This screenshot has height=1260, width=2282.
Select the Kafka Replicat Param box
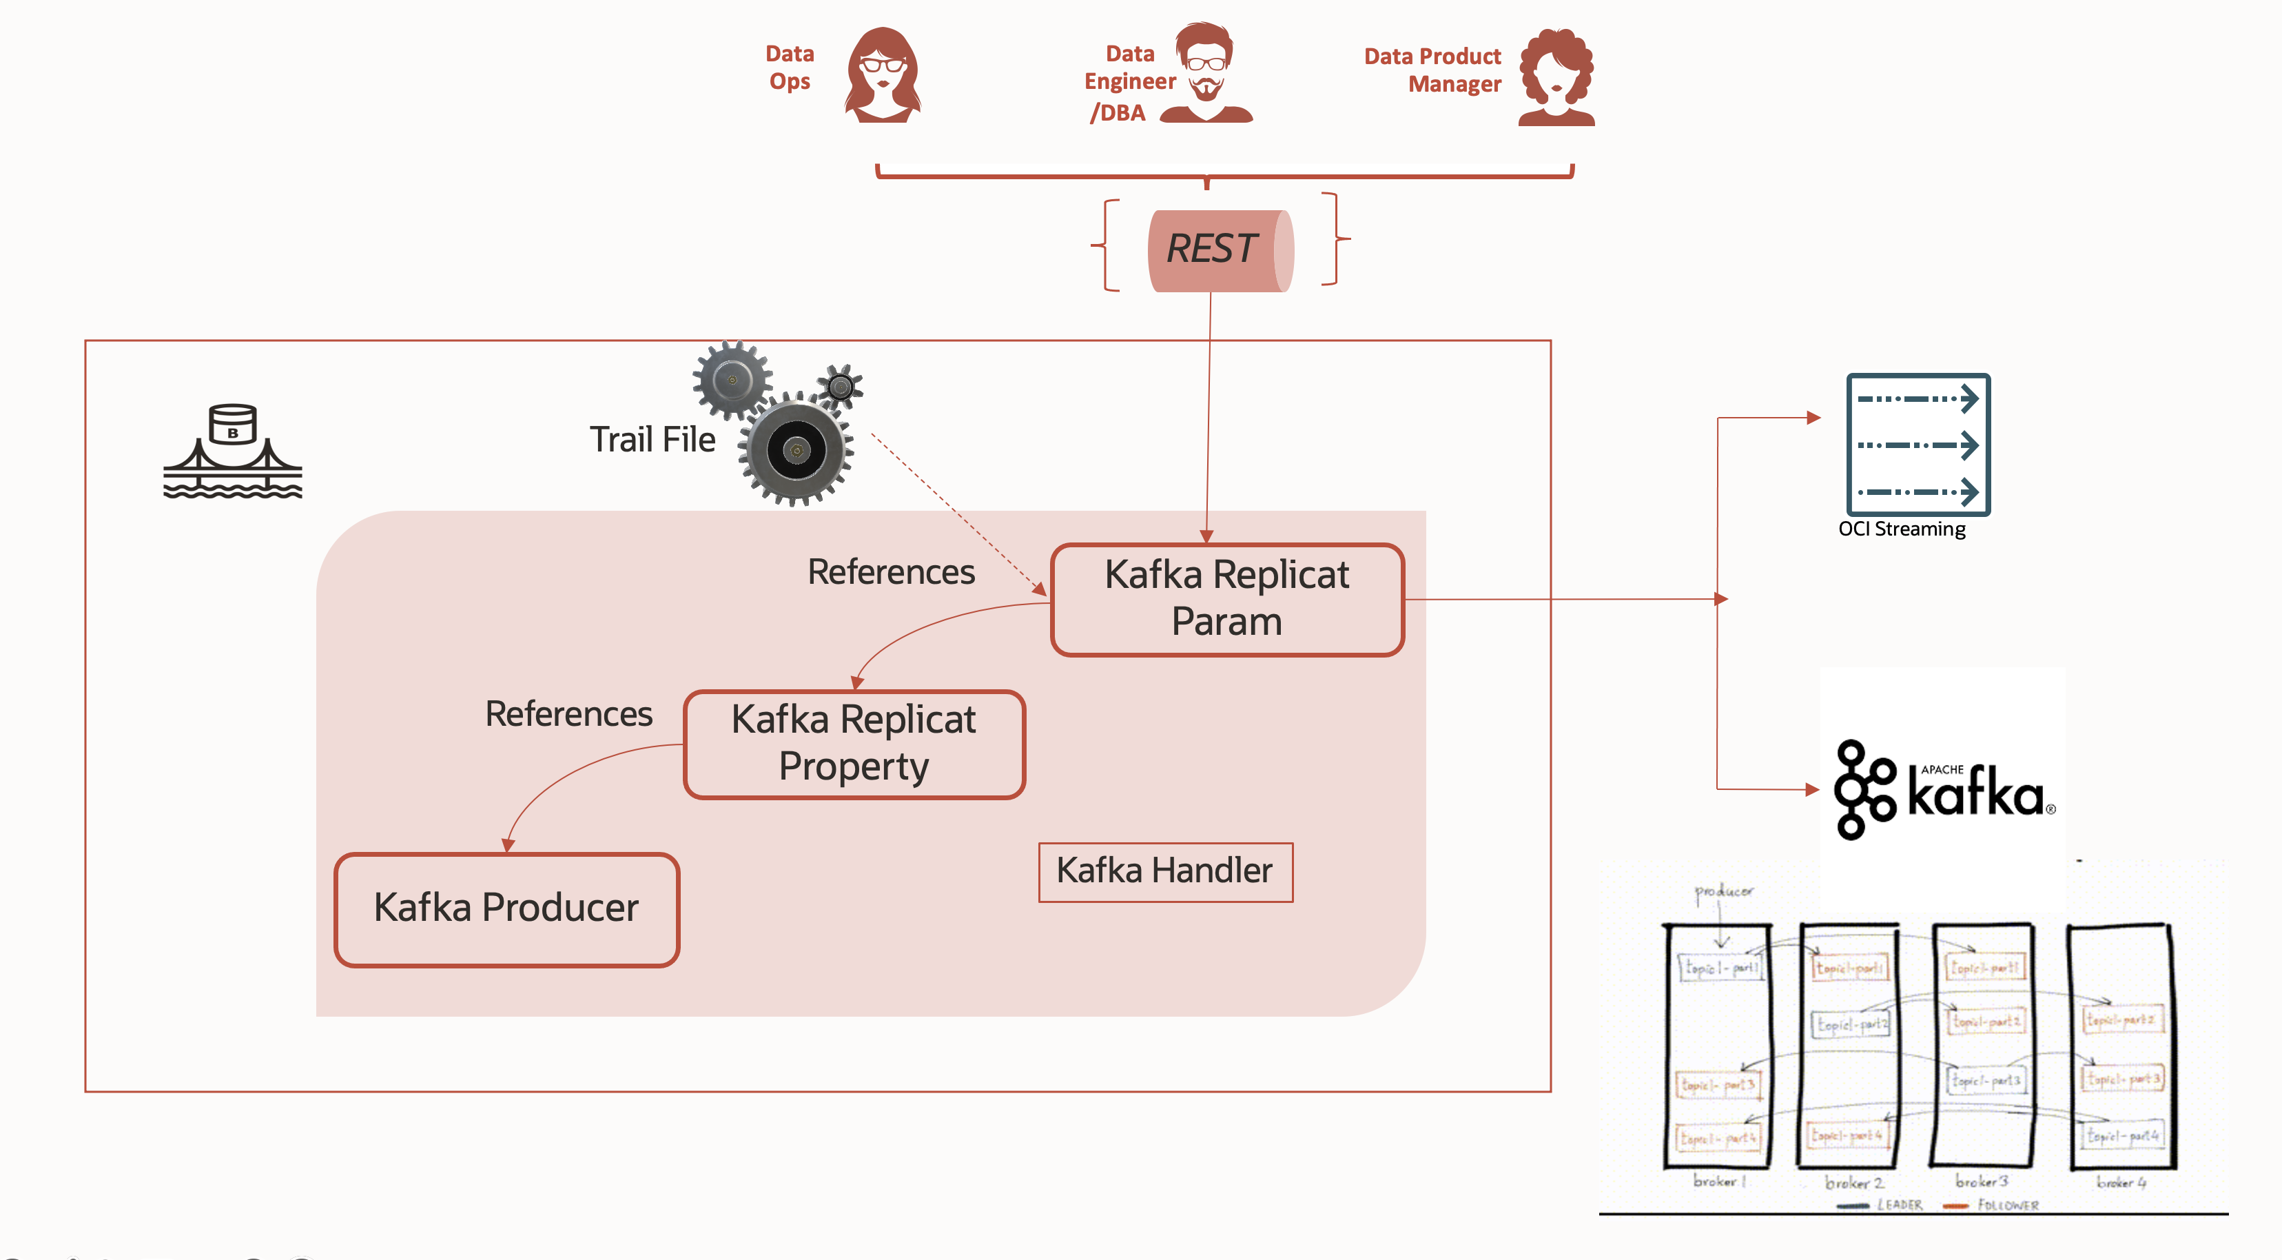click(x=1227, y=599)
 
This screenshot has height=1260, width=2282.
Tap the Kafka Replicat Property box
click(x=854, y=744)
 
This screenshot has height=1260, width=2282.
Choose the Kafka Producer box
click(x=506, y=909)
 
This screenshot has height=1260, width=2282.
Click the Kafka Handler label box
click(x=1165, y=872)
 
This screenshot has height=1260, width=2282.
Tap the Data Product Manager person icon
click(x=1556, y=78)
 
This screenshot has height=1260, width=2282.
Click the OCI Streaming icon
click(x=1918, y=444)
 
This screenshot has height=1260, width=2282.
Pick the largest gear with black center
click(x=796, y=450)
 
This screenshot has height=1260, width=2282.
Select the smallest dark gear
click(x=840, y=385)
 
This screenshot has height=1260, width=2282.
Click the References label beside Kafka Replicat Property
click(x=568, y=714)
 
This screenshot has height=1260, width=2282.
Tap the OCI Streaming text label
click(x=1901, y=529)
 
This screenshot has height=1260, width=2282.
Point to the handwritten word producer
click(x=1723, y=891)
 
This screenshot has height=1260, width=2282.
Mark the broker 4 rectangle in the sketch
click(x=2121, y=1046)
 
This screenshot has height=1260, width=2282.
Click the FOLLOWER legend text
click(x=2007, y=1205)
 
